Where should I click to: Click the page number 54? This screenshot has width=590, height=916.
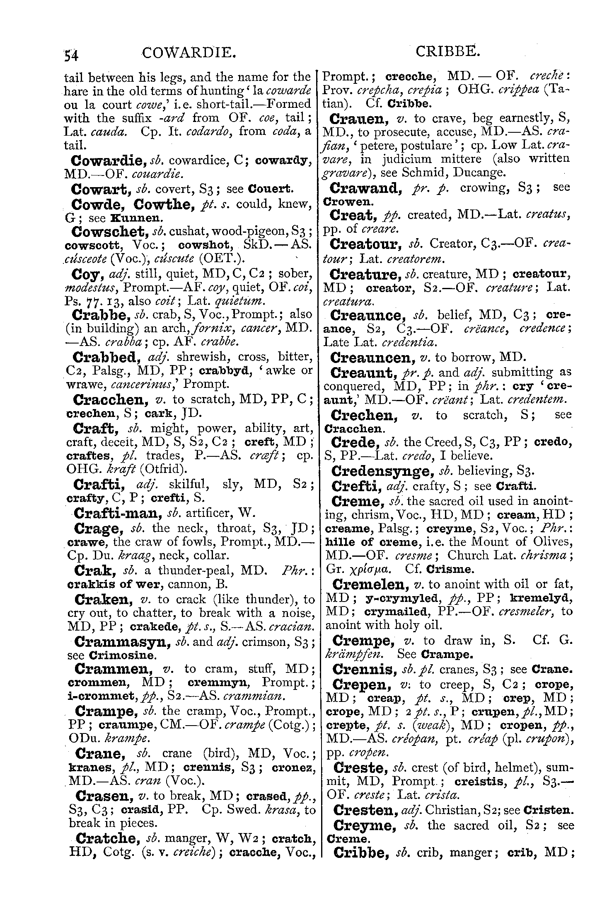click(x=72, y=55)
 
